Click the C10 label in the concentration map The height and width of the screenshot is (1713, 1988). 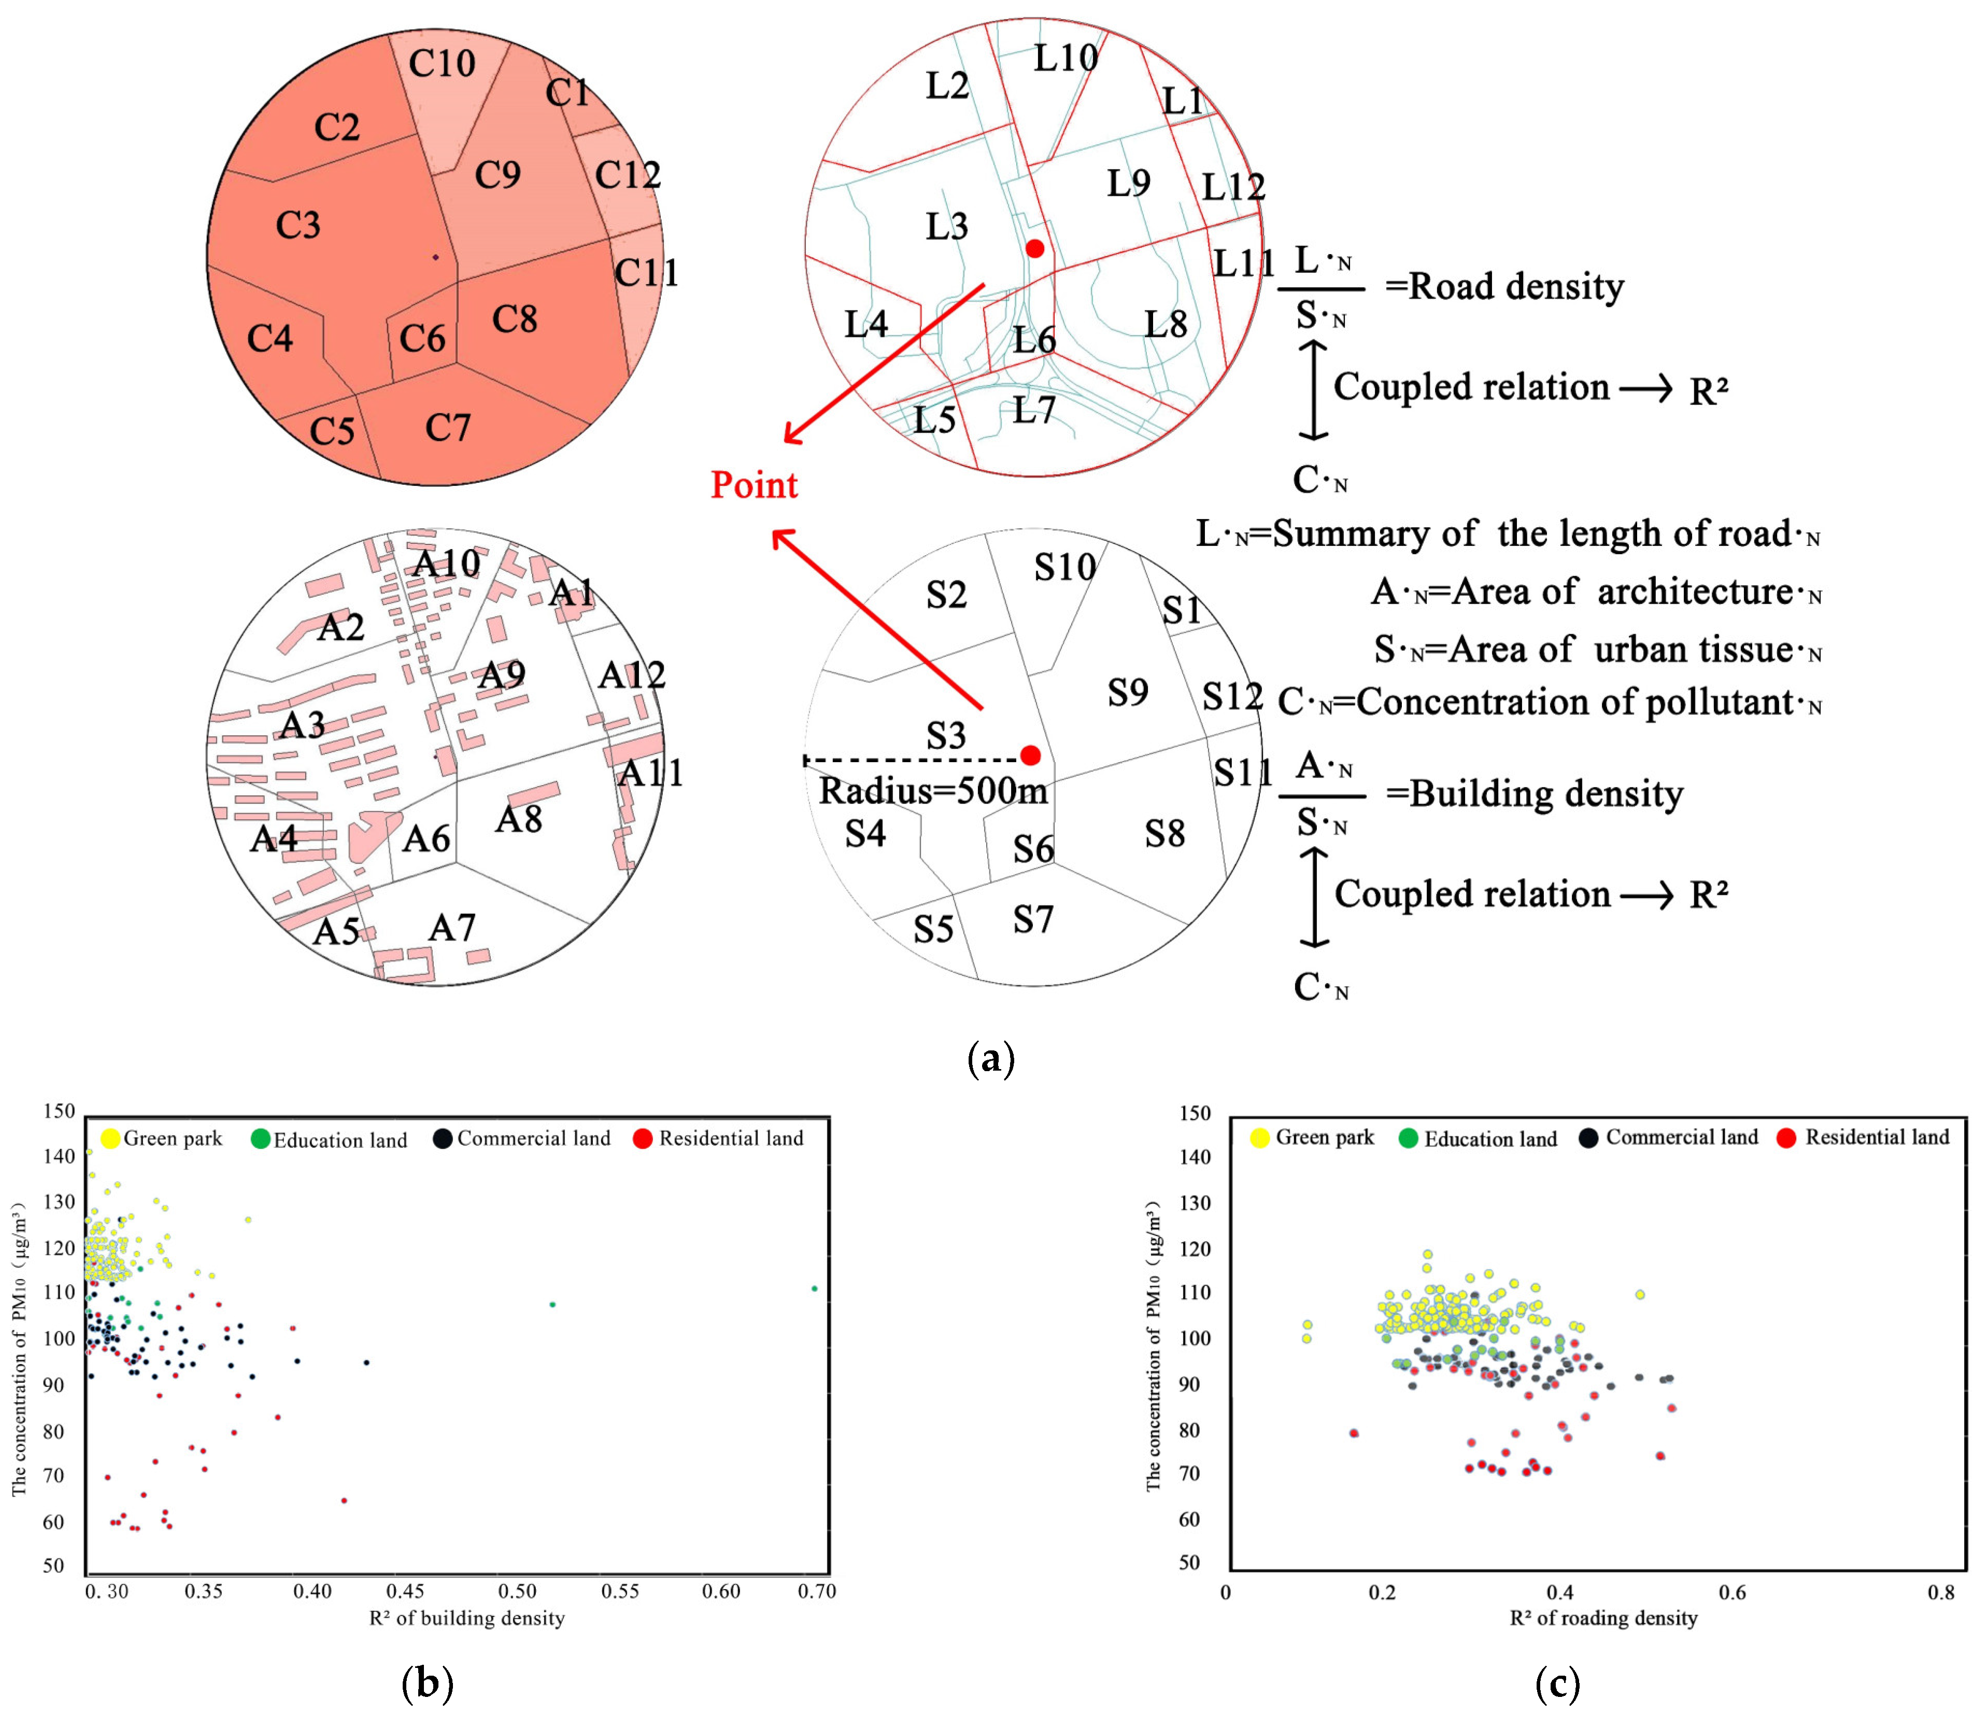(x=442, y=63)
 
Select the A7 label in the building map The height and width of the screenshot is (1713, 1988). (x=452, y=927)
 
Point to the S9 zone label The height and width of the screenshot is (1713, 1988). (x=1127, y=692)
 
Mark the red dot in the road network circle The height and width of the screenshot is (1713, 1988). (x=1034, y=248)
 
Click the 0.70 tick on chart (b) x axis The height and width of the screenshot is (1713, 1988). (x=817, y=1591)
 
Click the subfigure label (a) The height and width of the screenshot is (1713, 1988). (x=991, y=1059)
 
